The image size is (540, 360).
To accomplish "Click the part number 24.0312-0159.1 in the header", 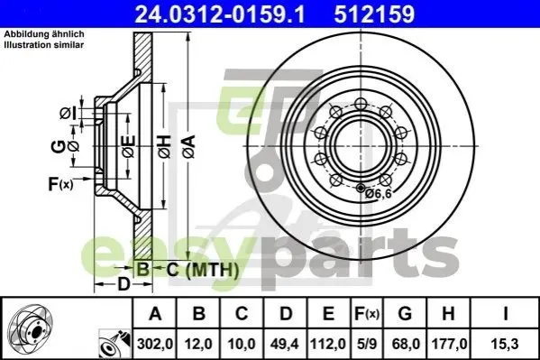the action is pyautogui.click(x=220, y=14).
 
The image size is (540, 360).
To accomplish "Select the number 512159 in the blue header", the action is pyautogui.click(x=374, y=14).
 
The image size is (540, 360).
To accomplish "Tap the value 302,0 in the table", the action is pyautogui.click(x=155, y=344).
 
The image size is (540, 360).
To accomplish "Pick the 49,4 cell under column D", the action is pyautogui.click(x=285, y=344).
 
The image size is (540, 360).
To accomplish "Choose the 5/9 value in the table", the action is pyautogui.click(x=367, y=344).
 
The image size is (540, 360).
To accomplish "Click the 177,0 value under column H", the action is pyautogui.click(x=448, y=344).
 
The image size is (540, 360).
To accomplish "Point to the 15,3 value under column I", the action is pyautogui.click(x=505, y=344).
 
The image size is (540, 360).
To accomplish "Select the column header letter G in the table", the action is pyautogui.click(x=405, y=313).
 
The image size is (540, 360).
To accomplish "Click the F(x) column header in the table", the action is pyautogui.click(x=367, y=313).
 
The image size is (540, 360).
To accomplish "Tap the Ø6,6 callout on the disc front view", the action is pyautogui.click(x=379, y=194).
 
